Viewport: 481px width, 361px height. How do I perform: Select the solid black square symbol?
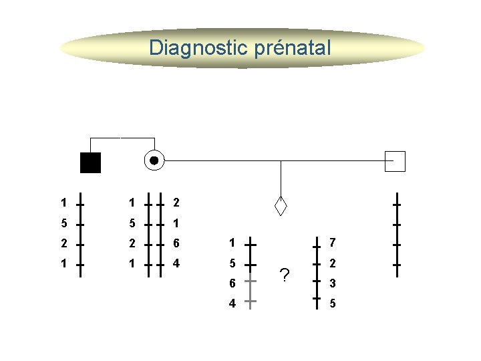(90, 162)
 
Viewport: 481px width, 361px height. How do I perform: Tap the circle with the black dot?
(154, 161)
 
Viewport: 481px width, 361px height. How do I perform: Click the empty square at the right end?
(395, 161)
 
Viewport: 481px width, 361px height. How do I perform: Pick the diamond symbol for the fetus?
(281, 207)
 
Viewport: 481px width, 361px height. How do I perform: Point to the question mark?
(285, 275)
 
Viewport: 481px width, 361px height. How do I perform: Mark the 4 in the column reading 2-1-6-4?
(176, 263)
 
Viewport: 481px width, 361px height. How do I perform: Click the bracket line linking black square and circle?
(122, 138)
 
